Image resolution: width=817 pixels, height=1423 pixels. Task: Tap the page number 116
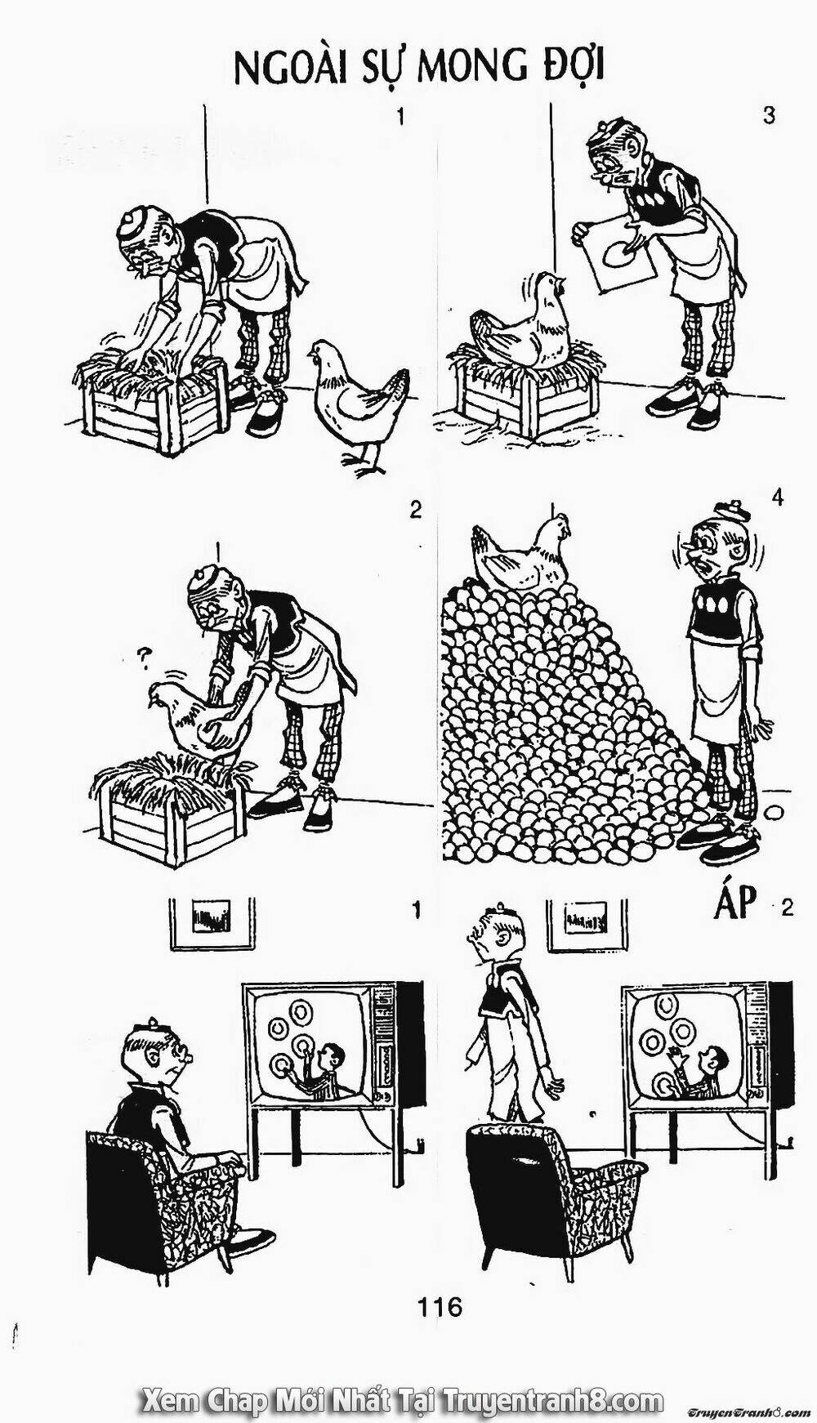click(x=440, y=1306)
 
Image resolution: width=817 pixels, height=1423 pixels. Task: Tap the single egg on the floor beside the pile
click(x=774, y=813)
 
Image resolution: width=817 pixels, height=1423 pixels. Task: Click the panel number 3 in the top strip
click(x=768, y=116)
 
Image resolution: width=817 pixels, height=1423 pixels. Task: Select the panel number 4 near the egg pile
click(x=776, y=497)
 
